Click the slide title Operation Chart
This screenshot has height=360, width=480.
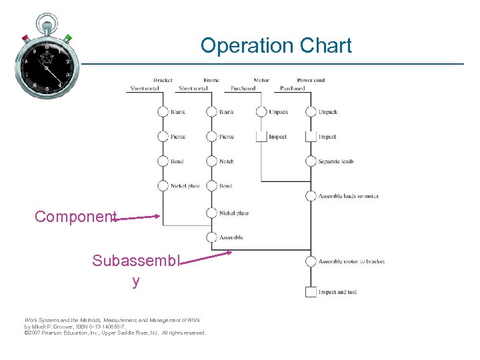pyautogui.click(x=276, y=46)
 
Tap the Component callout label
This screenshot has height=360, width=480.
pyautogui.click(x=75, y=217)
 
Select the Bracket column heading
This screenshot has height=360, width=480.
pyautogui.click(x=163, y=81)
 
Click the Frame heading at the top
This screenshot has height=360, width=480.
pyautogui.click(x=211, y=81)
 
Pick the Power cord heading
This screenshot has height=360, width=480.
pyautogui.click(x=311, y=81)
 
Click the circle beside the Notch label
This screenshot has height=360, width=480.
pyautogui.click(x=211, y=161)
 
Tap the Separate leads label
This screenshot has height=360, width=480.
pyautogui.click(x=335, y=161)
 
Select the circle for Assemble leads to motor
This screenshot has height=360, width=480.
pyautogui.click(x=311, y=196)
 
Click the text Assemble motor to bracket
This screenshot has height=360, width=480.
pyautogui.click(x=351, y=261)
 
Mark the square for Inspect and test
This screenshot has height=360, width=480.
pyautogui.click(x=311, y=292)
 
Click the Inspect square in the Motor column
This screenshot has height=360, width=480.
pyautogui.click(x=261, y=137)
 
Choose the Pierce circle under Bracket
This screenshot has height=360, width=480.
pyautogui.click(x=163, y=137)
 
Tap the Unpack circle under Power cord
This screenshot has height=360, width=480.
pyautogui.click(x=311, y=112)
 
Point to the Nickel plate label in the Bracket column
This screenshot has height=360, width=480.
pyautogui.click(x=185, y=186)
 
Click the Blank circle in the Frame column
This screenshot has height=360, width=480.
pyautogui.click(x=211, y=112)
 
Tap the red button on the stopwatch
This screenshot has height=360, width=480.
pyautogui.click(x=25, y=37)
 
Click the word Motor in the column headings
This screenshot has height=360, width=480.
pyautogui.click(x=261, y=81)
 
